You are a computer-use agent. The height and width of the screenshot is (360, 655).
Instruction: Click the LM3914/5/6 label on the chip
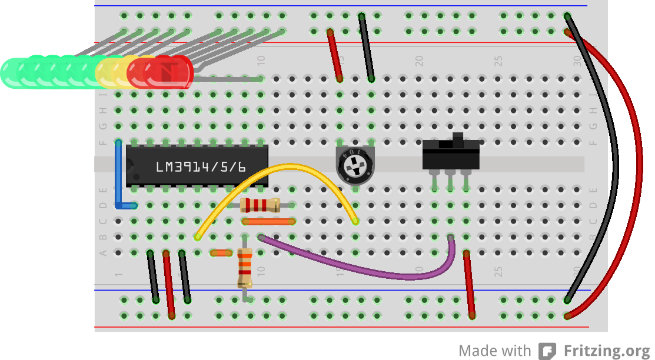click(201, 167)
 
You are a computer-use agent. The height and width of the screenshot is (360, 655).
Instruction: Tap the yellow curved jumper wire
click(277, 168)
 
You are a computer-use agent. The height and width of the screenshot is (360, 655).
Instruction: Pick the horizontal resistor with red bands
click(260, 205)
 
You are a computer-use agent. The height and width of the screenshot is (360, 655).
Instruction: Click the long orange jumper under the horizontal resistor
click(268, 222)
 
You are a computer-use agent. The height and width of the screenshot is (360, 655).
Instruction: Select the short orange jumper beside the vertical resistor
click(221, 253)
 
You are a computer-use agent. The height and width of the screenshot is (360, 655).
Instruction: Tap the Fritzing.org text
click(608, 351)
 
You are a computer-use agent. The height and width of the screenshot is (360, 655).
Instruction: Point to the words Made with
click(495, 351)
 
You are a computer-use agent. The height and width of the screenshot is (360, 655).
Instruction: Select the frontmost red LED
click(171, 72)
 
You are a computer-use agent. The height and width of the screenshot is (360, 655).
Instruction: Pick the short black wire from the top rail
click(366, 47)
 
